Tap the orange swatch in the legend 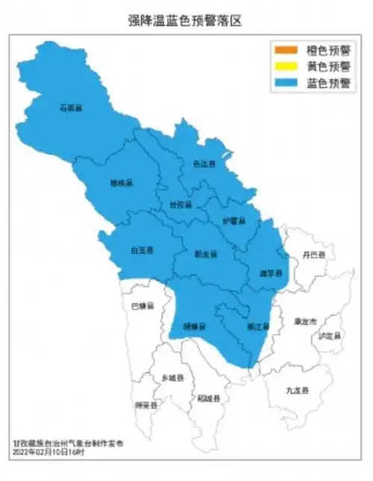coord(286,50)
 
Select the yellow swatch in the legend coord(286,66)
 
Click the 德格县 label coord(121,183)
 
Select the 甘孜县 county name coord(180,204)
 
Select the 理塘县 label coord(194,326)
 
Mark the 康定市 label coord(306,321)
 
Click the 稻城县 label coord(208,399)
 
